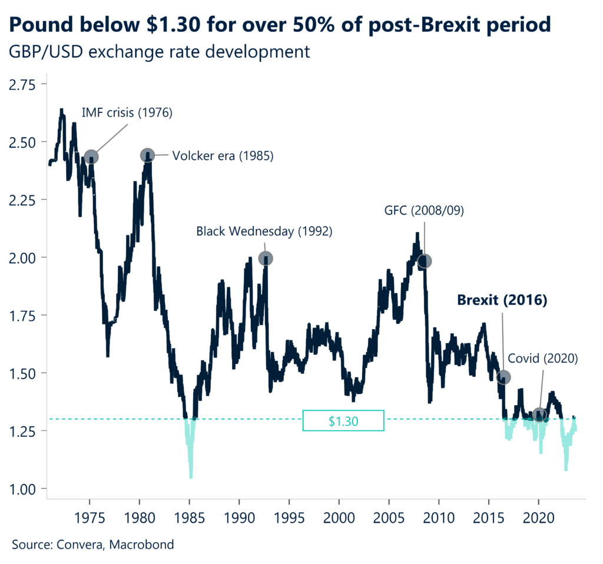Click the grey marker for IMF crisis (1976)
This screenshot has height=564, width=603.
coord(91,157)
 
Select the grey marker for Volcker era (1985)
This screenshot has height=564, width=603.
coord(147,155)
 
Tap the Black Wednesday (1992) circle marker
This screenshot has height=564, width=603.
coord(266,258)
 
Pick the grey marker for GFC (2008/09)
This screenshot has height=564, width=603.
coord(424,261)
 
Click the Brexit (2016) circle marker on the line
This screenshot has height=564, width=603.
coord(503,377)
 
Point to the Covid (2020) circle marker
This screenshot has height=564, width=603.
coord(539,415)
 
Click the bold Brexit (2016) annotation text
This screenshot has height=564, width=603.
coord(503,300)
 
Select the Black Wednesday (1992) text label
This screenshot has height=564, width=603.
coord(264,231)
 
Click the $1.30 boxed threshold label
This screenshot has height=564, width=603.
coord(343,420)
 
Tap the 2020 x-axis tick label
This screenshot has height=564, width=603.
coord(538,517)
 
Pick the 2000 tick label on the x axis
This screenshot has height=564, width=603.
coord(339,517)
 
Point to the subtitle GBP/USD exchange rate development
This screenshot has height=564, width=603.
coord(159,52)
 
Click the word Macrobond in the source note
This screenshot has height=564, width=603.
coord(145,545)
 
